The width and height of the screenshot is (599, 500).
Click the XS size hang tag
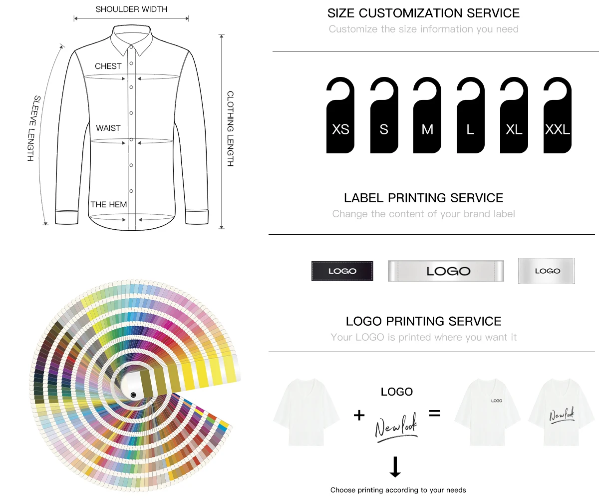click(340, 120)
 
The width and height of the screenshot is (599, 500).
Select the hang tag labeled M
click(427, 120)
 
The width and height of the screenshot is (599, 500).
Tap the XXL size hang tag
click(558, 120)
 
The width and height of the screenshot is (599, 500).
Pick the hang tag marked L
click(470, 120)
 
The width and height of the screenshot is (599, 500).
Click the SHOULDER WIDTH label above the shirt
click(131, 9)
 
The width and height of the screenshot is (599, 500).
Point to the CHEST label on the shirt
click(108, 66)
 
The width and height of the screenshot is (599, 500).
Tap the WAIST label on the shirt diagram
click(108, 128)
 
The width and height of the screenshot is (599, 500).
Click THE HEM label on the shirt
click(109, 204)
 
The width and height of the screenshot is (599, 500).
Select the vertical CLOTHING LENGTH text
click(230, 128)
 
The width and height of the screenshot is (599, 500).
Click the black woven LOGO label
click(342, 271)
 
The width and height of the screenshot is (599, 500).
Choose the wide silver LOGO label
click(446, 271)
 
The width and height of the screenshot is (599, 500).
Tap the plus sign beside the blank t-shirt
click(359, 415)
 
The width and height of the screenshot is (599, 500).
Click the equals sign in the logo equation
click(435, 414)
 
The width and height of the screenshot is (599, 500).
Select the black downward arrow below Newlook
click(395, 467)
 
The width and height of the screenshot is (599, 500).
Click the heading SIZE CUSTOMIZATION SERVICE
click(423, 13)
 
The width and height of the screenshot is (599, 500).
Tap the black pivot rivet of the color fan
click(133, 395)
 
